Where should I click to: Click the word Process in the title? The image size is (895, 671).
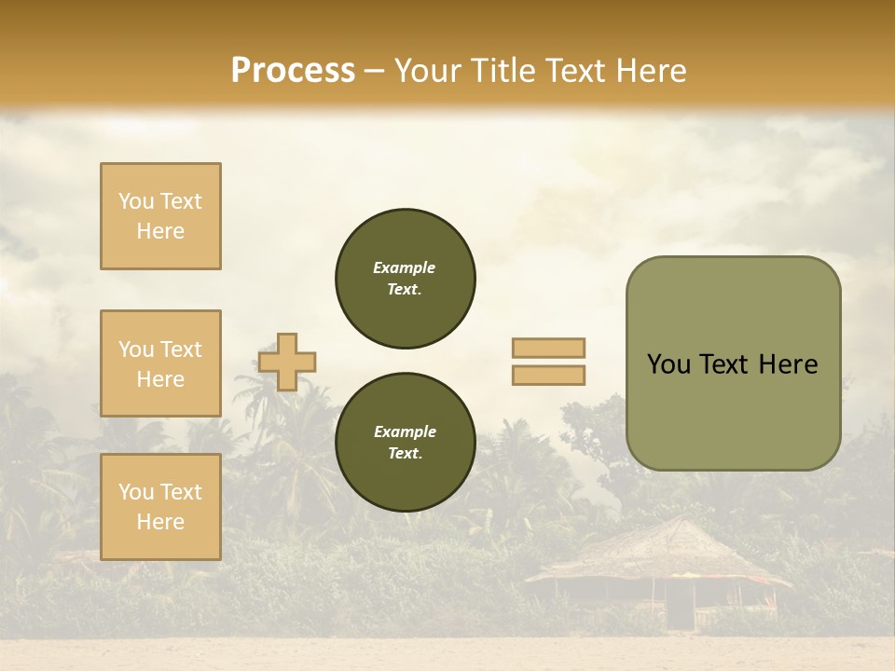point(293,71)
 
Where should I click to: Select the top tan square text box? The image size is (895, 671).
point(160,216)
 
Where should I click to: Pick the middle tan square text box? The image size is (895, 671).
point(160,363)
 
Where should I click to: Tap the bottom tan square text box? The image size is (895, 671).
point(160,507)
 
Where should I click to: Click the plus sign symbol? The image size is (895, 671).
point(287,362)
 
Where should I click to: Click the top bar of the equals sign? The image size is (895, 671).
point(548,349)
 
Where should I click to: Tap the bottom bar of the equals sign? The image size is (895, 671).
point(548,375)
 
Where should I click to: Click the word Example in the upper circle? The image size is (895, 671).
point(404,267)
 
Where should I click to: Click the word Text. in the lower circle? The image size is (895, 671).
point(405,454)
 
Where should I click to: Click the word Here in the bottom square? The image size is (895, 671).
point(160,522)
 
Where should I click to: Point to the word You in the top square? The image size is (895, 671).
point(135,201)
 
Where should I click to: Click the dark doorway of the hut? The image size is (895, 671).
point(682,610)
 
